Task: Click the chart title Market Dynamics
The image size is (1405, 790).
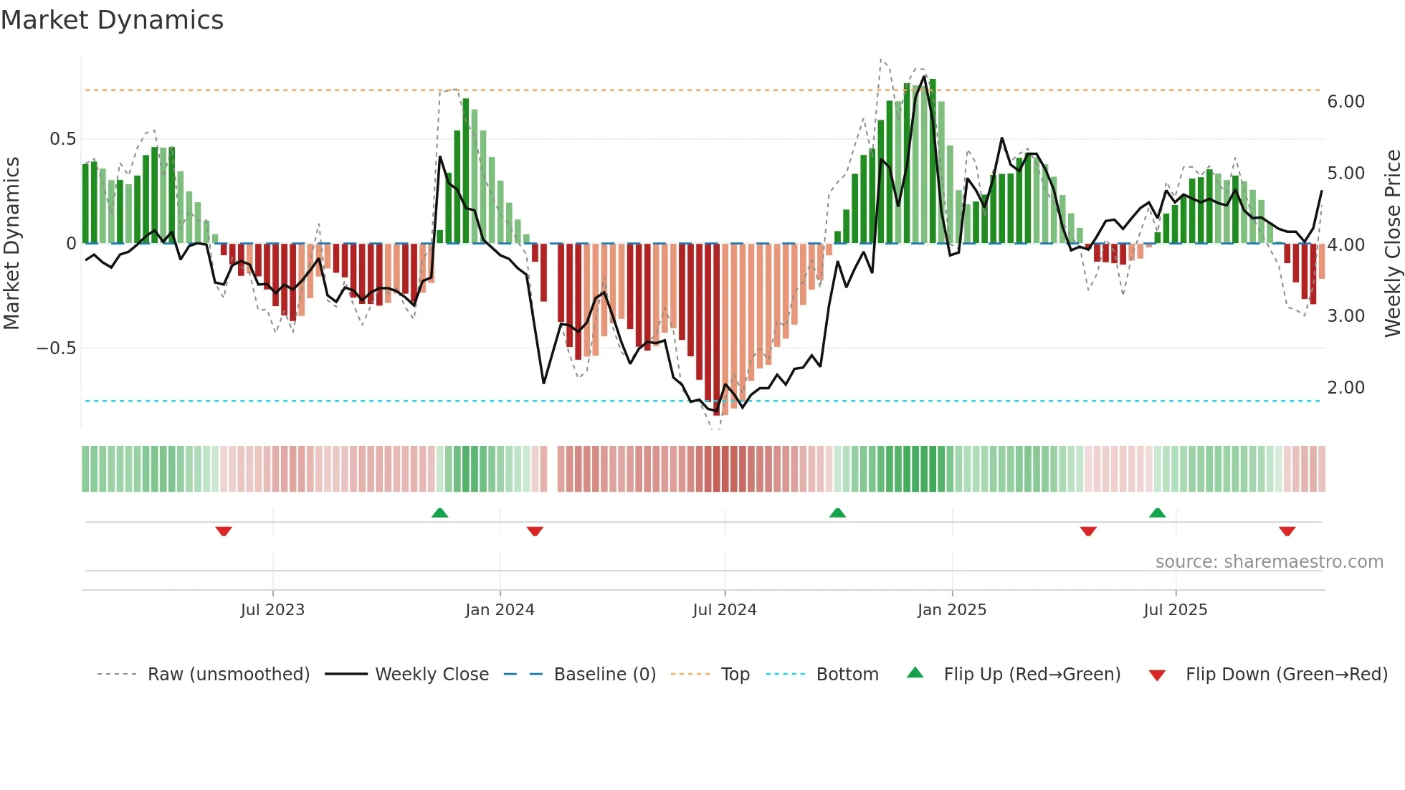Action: pyautogui.click(x=112, y=20)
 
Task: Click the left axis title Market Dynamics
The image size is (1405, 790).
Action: pyautogui.click(x=11, y=243)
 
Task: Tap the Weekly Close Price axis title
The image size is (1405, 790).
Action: pyautogui.click(x=1392, y=243)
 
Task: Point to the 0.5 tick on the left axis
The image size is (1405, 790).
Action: pyautogui.click(x=62, y=139)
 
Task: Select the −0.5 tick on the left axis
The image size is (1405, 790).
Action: pyautogui.click(x=57, y=348)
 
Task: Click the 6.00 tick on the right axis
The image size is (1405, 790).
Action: pyautogui.click(x=1346, y=102)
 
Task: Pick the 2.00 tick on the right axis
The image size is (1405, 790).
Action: pyautogui.click(x=1346, y=388)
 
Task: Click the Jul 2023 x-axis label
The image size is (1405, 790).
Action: pyautogui.click(x=272, y=610)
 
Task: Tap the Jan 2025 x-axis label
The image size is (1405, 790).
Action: pyautogui.click(x=951, y=610)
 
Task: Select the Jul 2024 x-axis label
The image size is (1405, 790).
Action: pyautogui.click(x=724, y=610)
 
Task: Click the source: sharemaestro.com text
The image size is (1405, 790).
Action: pyautogui.click(x=1269, y=562)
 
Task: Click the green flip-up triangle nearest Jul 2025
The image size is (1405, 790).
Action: pyautogui.click(x=1157, y=513)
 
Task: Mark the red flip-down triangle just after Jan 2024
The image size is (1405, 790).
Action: pyautogui.click(x=535, y=531)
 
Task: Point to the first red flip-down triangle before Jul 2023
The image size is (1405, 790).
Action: pyautogui.click(x=224, y=531)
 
